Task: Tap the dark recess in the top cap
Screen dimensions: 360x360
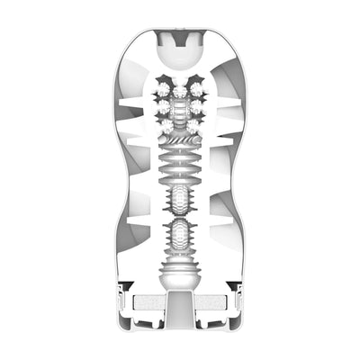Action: (x=181, y=39)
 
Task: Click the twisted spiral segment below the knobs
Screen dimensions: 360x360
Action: (x=181, y=144)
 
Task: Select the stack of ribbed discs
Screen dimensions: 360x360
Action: (x=181, y=167)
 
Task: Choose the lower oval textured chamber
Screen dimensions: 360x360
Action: (x=181, y=236)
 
